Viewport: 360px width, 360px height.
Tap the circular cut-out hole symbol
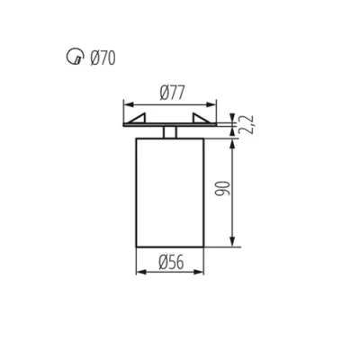(74, 58)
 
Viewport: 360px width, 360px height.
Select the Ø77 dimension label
(173, 92)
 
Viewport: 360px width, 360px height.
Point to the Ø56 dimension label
(171, 263)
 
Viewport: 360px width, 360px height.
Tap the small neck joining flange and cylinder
(169, 132)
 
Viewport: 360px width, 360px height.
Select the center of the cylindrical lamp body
(169, 191)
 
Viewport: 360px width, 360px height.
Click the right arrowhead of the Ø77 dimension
(214, 103)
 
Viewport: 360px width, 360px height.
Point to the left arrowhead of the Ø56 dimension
(139, 273)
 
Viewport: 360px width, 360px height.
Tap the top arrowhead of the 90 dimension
(235, 142)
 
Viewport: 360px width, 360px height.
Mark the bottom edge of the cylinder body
(169, 245)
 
